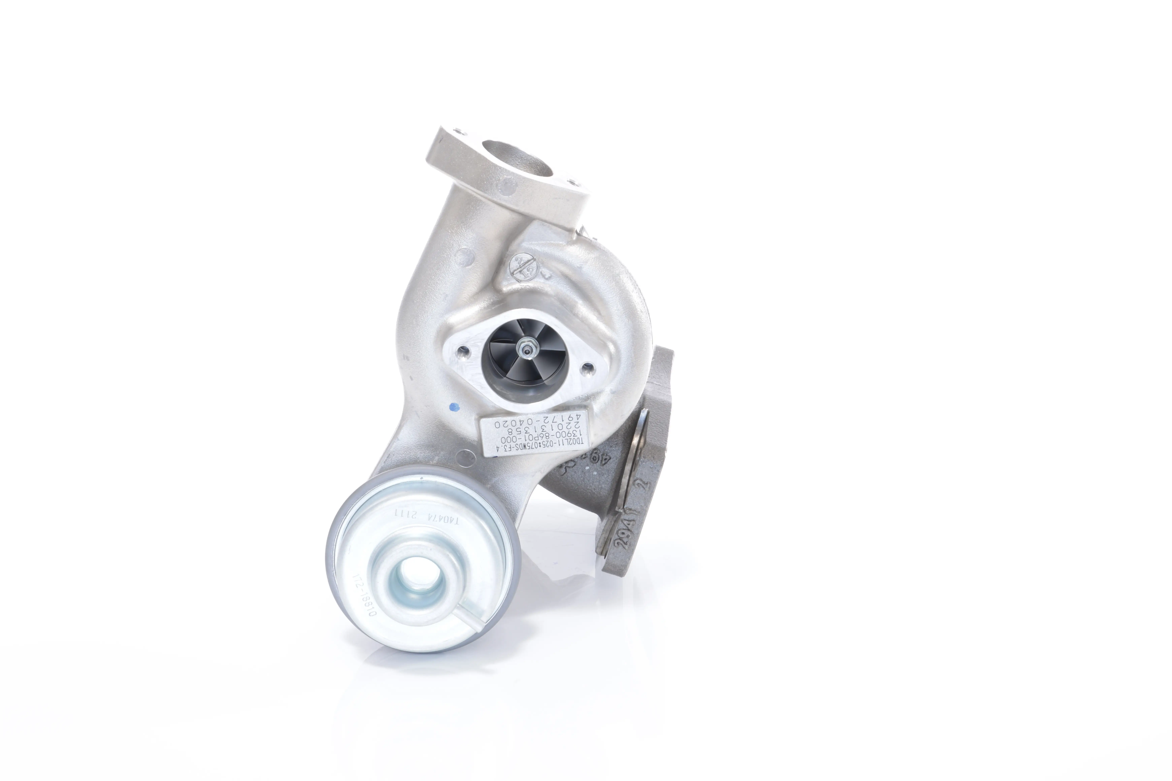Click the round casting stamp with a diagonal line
524,269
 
